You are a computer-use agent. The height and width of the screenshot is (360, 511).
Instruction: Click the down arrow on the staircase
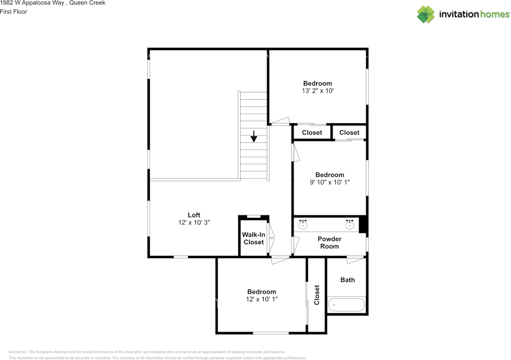(x=254, y=136)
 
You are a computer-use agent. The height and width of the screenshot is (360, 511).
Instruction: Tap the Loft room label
(x=194, y=215)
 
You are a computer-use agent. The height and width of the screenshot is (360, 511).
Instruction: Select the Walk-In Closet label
(x=254, y=238)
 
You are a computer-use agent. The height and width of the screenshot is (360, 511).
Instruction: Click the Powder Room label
(x=329, y=243)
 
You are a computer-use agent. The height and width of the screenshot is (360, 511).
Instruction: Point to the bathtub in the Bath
(x=346, y=305)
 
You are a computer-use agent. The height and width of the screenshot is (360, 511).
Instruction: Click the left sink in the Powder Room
(x=303, y=225)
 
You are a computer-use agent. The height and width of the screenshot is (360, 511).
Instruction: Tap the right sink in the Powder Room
(x=349, y=225)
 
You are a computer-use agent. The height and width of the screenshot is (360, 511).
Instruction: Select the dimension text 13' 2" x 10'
(x=317, y=91)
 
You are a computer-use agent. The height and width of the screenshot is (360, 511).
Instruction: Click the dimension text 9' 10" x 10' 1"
(x=330, y=182)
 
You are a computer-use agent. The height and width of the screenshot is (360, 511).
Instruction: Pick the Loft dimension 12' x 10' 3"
(x=194, y=222)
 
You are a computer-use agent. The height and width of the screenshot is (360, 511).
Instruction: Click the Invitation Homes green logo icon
(x=426, y=14)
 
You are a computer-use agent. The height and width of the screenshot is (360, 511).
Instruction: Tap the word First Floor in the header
(x=14, y=12)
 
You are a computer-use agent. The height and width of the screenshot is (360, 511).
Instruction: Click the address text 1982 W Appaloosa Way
(x=32, y=3)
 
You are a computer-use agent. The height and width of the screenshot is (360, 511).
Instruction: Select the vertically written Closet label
(x=317, y=295)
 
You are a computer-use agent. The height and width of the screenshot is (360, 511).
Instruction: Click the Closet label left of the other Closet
(x=312, y=133)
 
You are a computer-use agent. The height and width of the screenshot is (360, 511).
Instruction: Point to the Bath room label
(x=347, y=280)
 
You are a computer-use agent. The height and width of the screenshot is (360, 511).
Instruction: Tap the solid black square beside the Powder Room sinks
(x=362, y=225)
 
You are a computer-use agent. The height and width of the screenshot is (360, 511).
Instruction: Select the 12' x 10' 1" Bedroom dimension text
(x=261, y=299)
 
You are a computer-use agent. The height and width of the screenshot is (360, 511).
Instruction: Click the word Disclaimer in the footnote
(x=18, y=352)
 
